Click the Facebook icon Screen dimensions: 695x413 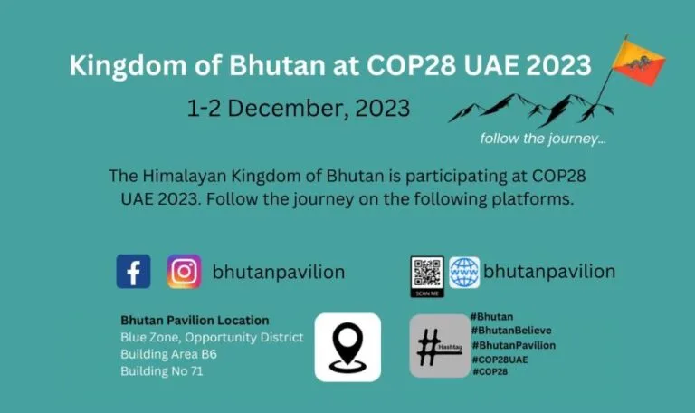[133, 272]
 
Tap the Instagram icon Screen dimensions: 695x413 [184, 272]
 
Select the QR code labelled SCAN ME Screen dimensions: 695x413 [427, 276]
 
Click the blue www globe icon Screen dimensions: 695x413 [464, 273]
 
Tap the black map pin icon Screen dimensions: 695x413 [347, 347]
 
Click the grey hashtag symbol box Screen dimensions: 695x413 [440, 346]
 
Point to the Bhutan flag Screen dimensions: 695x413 [638, 62]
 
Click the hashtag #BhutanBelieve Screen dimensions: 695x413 [511, 331]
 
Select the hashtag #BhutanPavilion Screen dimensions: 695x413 [513, 345]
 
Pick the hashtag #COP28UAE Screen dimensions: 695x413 [500, 360]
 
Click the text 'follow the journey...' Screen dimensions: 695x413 [543, 139]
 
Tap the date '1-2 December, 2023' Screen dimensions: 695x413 [299, 109]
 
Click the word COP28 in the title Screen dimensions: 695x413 [411, 65]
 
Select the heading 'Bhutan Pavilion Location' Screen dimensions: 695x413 [195, 321]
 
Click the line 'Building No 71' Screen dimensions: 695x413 [162, 370]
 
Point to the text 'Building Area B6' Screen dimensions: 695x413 [168, 354]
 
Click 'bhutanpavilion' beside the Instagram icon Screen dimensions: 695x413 [279, 272]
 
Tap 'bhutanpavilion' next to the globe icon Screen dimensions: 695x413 [549, 272]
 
